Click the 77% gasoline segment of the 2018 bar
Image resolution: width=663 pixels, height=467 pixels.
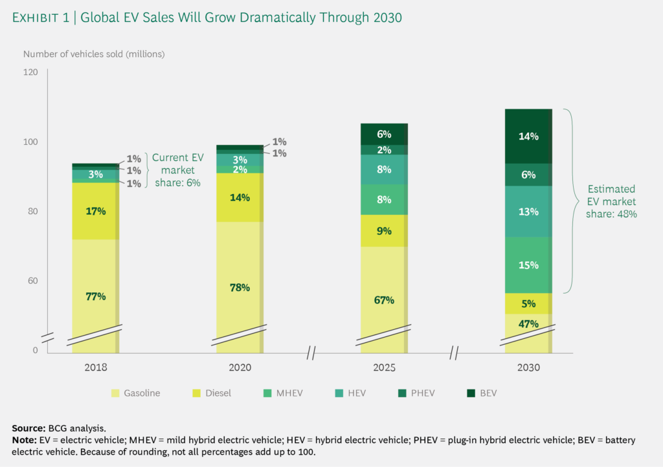(95, 296)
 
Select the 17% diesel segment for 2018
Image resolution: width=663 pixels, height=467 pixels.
(95, 211)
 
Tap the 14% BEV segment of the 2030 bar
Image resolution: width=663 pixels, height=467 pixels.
(528, 136)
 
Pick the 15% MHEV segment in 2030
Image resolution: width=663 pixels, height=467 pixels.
(528, 265)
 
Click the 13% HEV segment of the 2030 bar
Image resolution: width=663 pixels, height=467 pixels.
(528, 212)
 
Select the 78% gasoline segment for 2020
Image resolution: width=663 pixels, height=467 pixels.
(240, 287)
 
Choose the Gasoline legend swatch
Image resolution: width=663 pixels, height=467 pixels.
(117, 393)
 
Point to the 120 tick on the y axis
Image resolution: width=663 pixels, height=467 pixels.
(30, 72)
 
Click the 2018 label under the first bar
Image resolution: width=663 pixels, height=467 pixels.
(95, 367)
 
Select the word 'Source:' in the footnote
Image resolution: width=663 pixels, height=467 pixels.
(28, 428)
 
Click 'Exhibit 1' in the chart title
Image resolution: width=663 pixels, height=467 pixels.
(45, 18)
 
